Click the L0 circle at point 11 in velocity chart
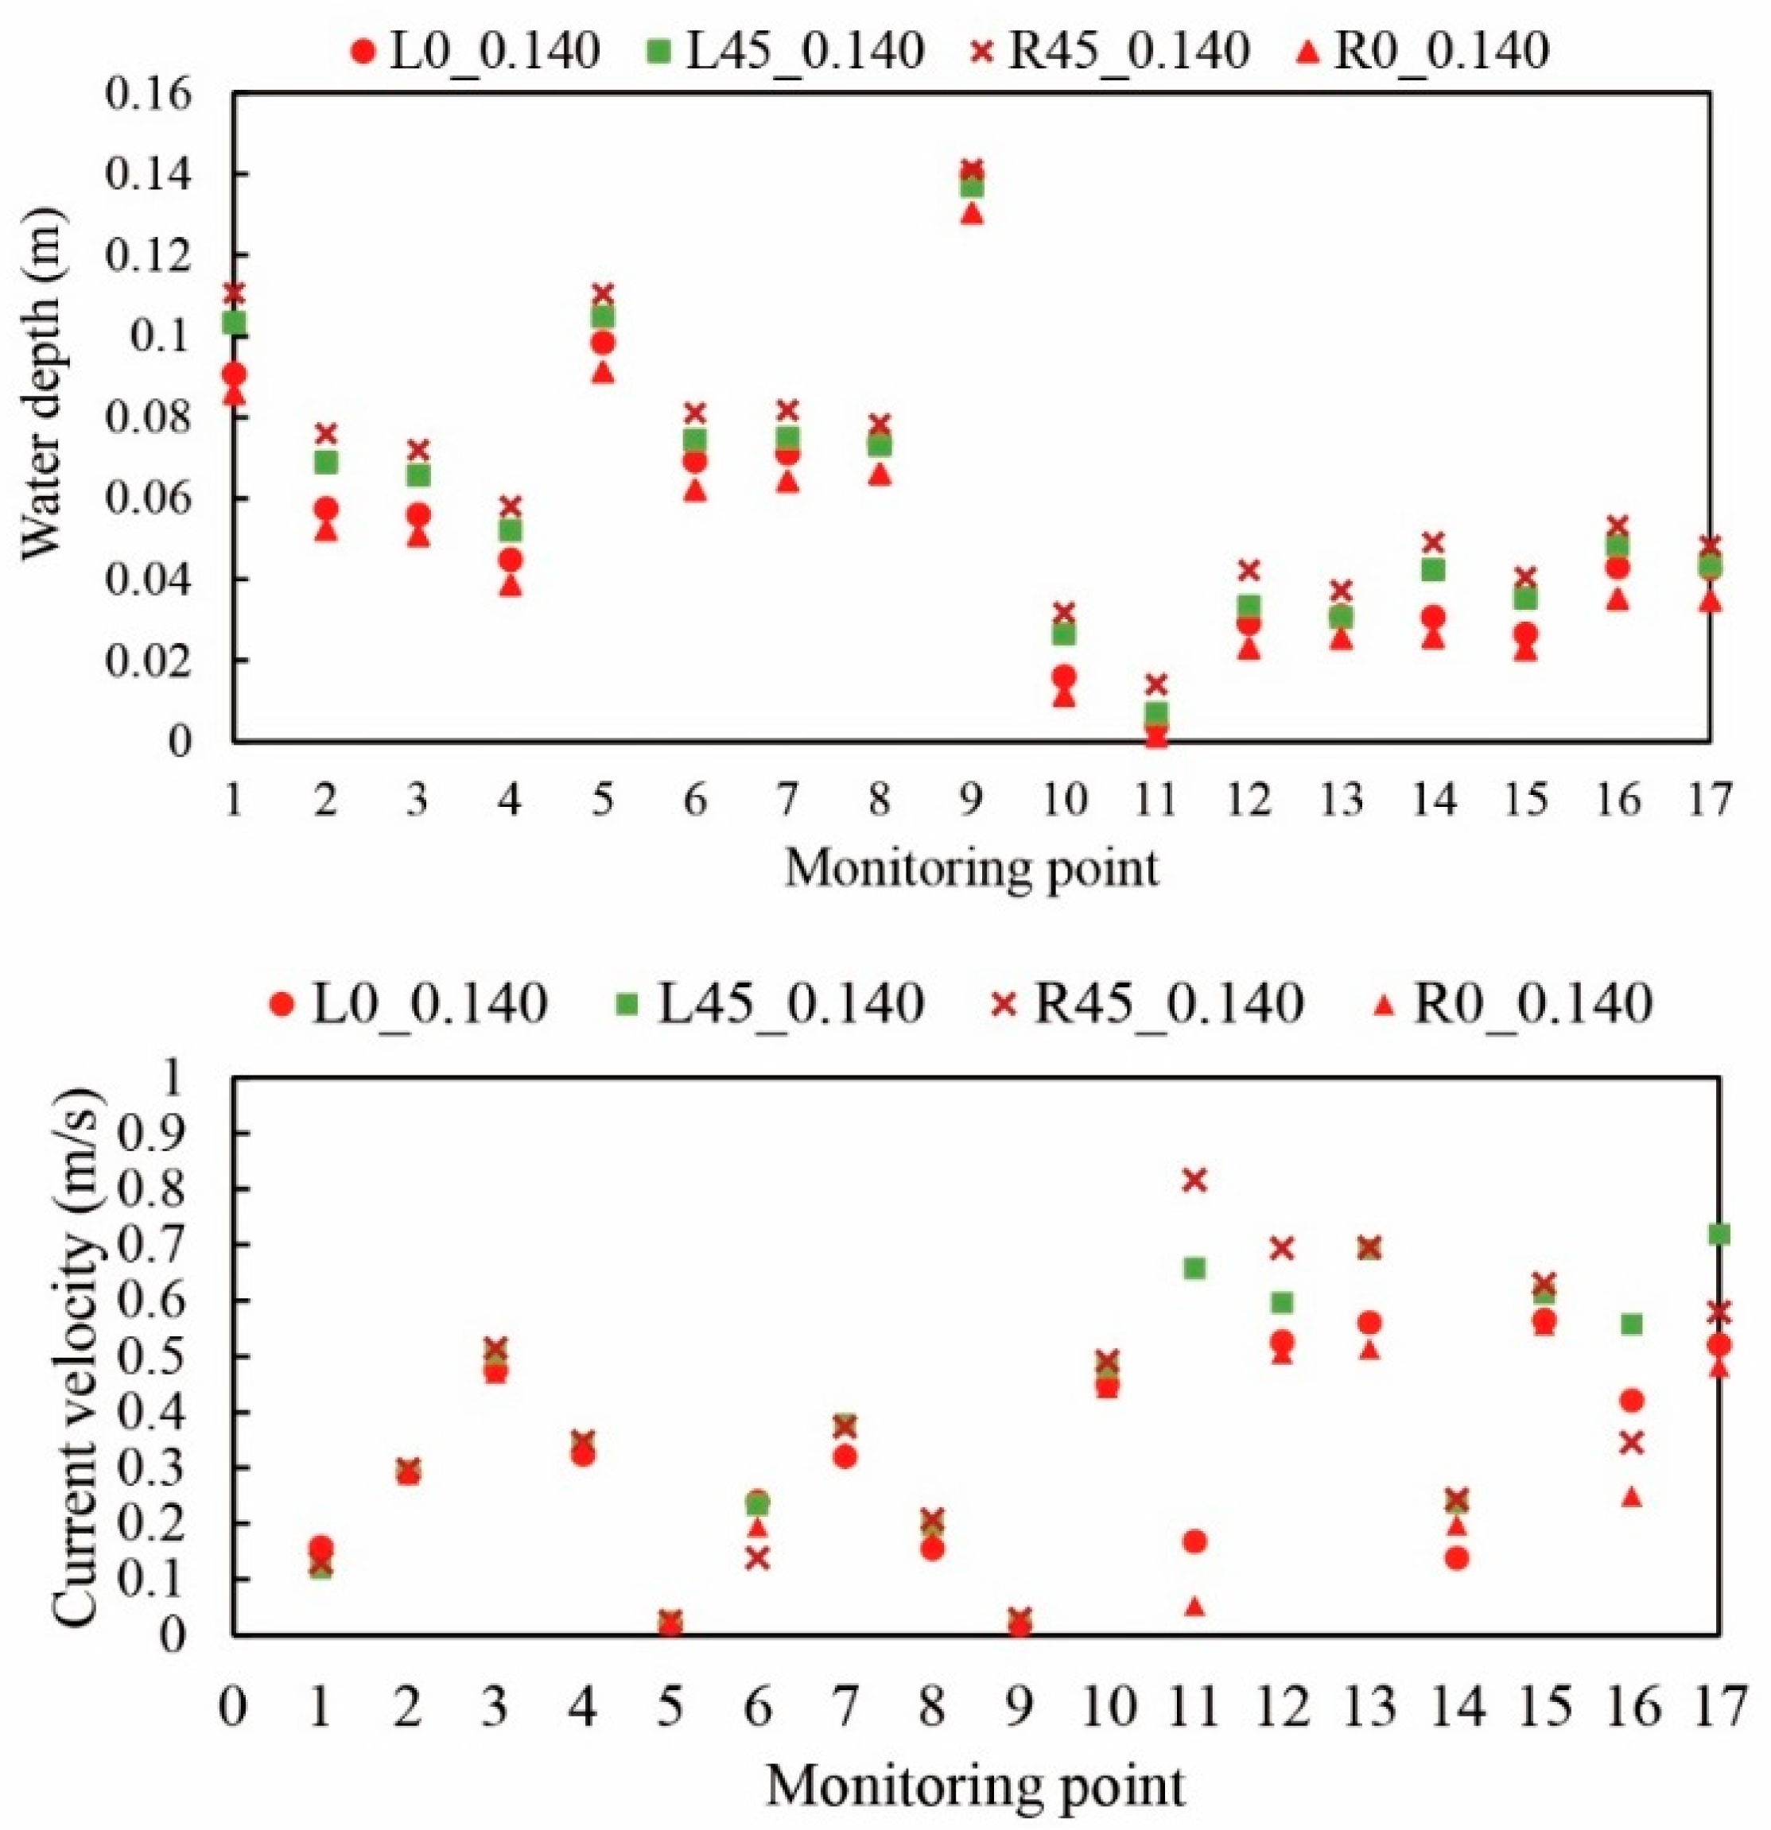(1194, 1541)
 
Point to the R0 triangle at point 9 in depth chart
(972, 214)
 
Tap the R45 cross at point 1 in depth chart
(234, 293)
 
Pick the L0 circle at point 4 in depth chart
(510, 560)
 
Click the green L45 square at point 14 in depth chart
(1433, 569)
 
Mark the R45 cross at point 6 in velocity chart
(758, 1557)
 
